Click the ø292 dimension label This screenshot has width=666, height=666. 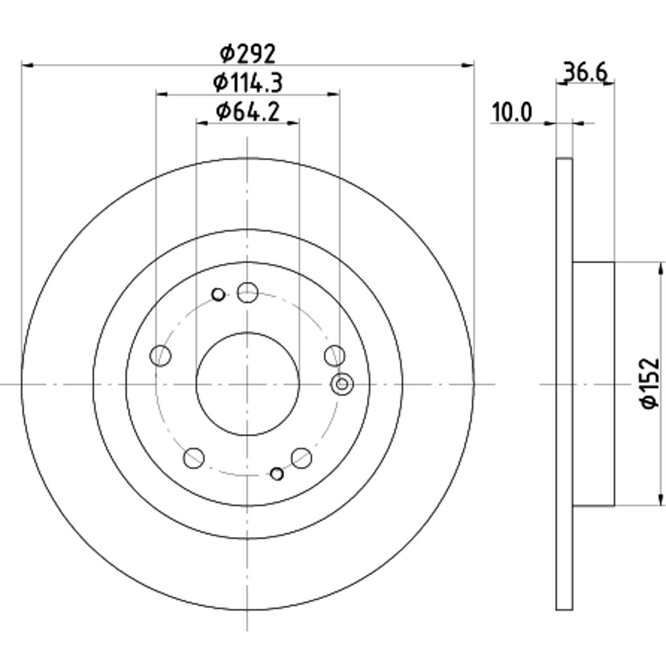click(x=248, y=54)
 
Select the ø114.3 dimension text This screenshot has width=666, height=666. click(x=248, y=83)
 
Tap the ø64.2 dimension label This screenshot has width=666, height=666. click(x=248, y=112)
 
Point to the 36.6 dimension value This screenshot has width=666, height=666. click(x=586, y=72)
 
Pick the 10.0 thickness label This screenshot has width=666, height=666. click(x=512, y=113)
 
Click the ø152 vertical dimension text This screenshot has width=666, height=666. click(x=650, y=384)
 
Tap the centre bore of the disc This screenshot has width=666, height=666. click(x=248, y=384)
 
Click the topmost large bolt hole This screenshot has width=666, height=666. click(x=248, y=292)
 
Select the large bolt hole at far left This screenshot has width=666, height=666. click(x=160, y=356)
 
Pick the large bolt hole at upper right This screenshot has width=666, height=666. click(x=335, y=356)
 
